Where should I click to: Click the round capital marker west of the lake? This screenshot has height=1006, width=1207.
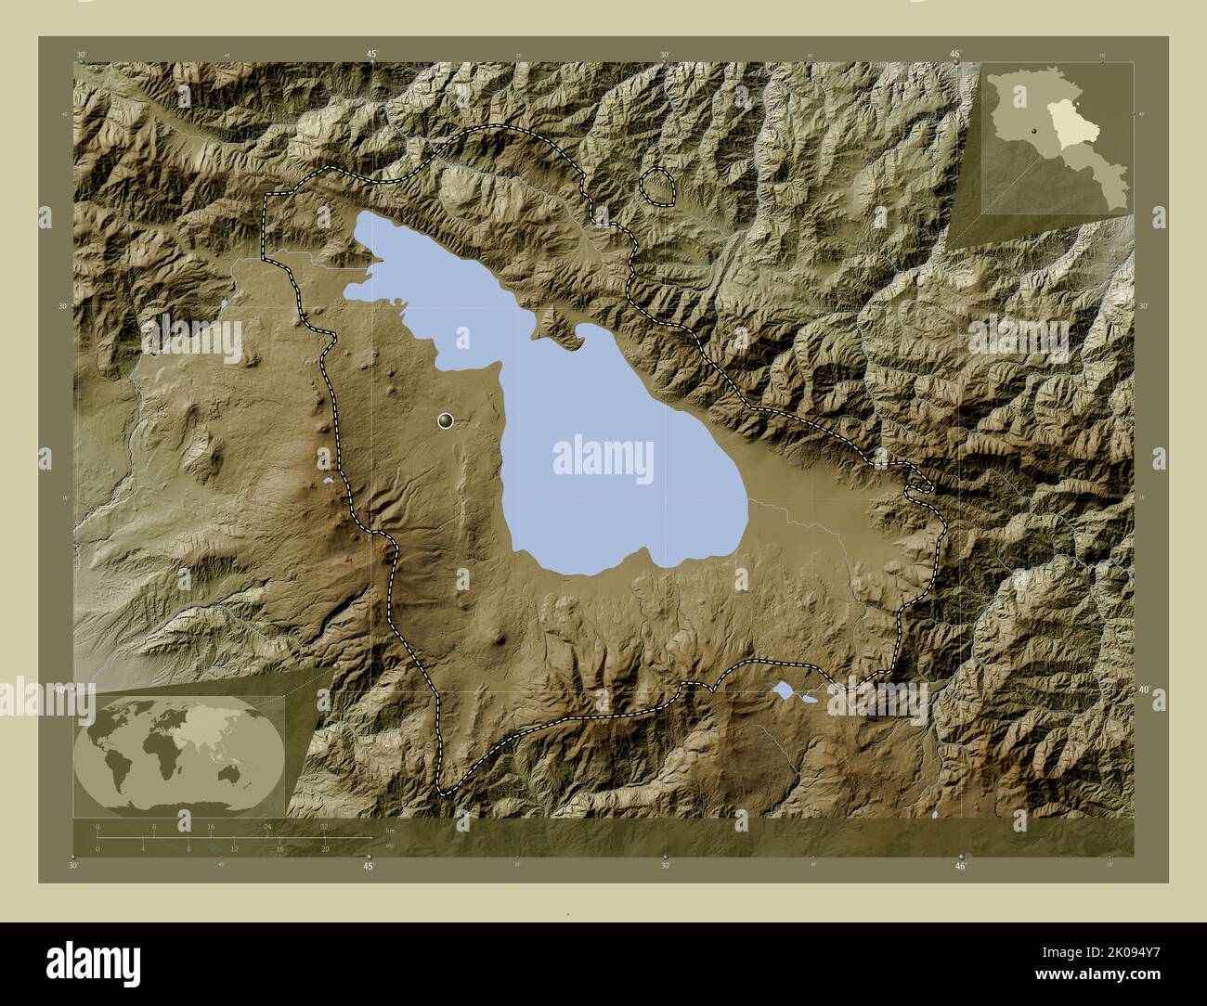pos(447,421)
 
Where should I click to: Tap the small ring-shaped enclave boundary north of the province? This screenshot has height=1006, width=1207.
pos(658,186)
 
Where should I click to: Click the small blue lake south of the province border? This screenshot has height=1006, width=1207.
pos(785,690)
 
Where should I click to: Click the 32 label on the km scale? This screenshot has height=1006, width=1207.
pos(324,826)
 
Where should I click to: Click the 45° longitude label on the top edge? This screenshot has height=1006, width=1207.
pos(370,55)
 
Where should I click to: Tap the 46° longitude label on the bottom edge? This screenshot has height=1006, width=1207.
pos(960,866)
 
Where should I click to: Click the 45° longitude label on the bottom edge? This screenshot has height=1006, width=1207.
pos(369,866)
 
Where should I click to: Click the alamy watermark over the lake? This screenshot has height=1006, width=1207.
pos(603,458)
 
